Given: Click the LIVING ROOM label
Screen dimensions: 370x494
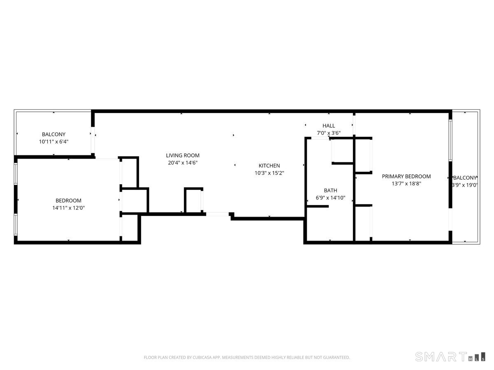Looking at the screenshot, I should pyautogui.click(x=183, y=155).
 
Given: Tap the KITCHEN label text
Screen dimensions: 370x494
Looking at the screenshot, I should pyautogui.click(x=269, y=166).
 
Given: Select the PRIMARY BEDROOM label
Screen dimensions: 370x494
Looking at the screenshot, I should pyautogui.click(x=406, y=176).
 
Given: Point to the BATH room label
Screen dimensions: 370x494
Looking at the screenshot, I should pyautogui.click(x=330, y=190).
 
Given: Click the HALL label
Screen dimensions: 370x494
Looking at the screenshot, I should pyautogui.click(x=329, y=126).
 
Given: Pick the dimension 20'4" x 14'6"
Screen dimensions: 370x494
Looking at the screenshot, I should pyautogui.click(x=183, y=163).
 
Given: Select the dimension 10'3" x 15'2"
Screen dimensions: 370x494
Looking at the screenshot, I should pyautogui.click(x=269, y=173).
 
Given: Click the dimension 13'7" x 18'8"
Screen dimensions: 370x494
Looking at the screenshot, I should pyautogui.click(x=406, y=184).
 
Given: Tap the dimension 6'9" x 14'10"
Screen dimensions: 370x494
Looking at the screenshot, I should pyautogui.click(x=330, y=198).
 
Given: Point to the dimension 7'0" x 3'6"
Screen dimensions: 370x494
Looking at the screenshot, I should pyautogui.click(x=329, y=133).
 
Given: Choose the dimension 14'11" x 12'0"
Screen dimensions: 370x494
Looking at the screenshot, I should pyautogui.click(x=68, y=208).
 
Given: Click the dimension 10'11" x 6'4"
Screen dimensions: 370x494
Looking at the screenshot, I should pyautogui.click(x=54, y=141).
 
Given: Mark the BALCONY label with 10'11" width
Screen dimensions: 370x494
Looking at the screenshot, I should pyautogui.click(x=54, y=134).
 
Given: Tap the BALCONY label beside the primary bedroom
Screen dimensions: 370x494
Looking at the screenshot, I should pyautogui.click(x=465, y=178).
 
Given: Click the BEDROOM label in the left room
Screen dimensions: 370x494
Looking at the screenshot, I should pyautogui.click(x=68, y=201).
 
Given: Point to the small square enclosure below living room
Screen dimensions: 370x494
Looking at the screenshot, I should pyautogui.click(x=193, y=200).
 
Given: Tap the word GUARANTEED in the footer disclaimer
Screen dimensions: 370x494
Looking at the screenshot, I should pyautogui.click(x=334, y=358).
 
